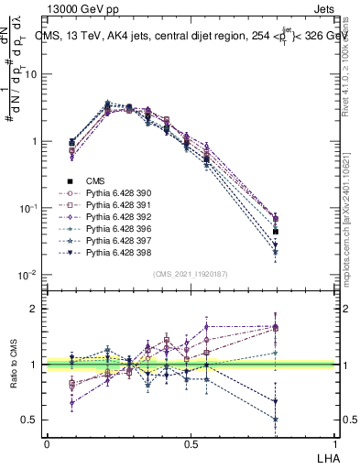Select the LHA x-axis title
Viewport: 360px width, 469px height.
pos(326,456)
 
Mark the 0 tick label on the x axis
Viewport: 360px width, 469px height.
pos(47,443)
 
